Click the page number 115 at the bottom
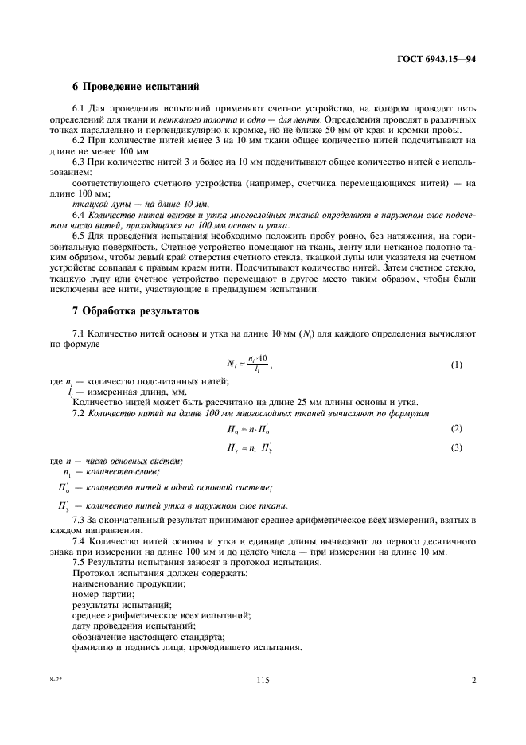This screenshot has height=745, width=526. click(263, 681)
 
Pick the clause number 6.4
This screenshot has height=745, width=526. click(80, 215)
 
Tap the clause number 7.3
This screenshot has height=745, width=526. click(80, 520)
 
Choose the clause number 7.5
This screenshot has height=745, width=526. click(80, 562)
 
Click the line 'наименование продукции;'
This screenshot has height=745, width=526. click(129, 583)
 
